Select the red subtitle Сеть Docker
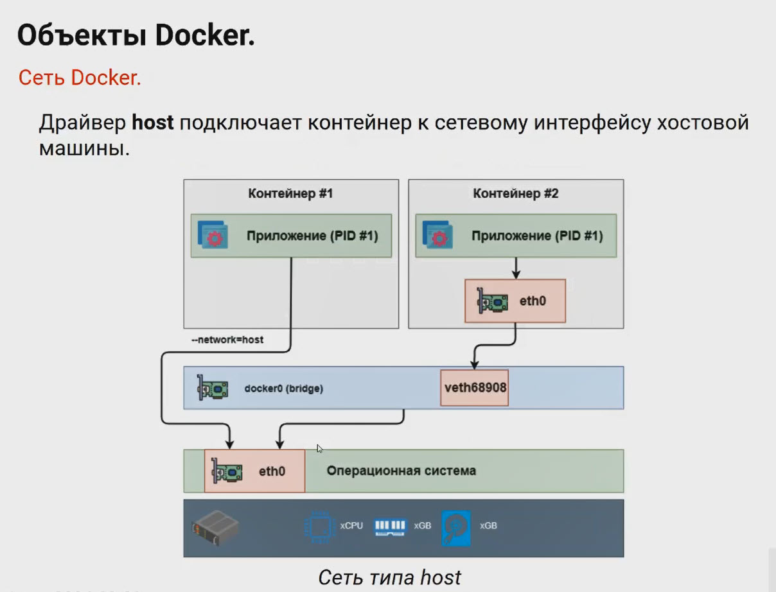[80, 77]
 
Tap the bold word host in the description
[153, 121]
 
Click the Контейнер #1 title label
[290, 193]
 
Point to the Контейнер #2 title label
[516, 193]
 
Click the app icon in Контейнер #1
[212, 236]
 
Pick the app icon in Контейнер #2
[437, 236]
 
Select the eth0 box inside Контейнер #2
[515, 300]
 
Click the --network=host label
[227, 340]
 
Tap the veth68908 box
[475, 387]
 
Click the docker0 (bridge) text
[283, 388]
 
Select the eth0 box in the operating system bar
[254, 471]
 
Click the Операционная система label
[401, 471]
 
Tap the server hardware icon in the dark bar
[215, 528]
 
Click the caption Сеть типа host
[389, 577]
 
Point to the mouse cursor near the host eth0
[320, 448]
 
